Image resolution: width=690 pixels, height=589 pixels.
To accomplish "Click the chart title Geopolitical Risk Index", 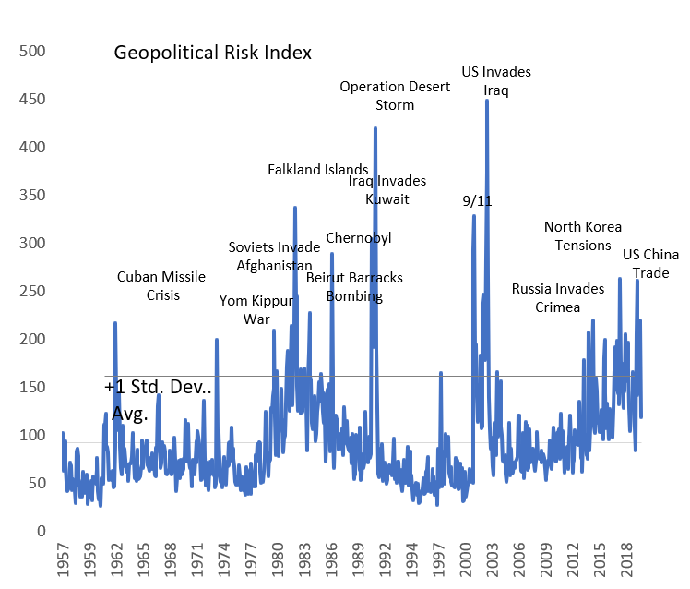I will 212,53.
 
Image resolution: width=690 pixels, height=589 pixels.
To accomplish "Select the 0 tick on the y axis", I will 42,531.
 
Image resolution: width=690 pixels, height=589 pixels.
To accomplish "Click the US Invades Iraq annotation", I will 496,81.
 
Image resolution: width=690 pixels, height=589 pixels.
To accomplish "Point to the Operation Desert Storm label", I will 395,95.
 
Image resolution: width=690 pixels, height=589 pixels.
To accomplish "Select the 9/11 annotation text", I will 477,201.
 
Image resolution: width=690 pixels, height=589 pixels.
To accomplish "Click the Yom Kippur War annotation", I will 256,309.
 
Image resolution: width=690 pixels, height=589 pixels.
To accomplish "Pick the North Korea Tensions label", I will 583,235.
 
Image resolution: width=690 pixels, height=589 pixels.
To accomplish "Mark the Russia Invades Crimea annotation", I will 558,297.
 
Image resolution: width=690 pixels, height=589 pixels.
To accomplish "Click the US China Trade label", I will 651,264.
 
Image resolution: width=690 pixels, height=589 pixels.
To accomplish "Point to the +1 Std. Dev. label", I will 159,388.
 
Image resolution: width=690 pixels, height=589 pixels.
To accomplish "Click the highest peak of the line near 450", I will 486,101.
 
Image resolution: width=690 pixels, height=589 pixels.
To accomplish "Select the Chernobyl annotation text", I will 359,238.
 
